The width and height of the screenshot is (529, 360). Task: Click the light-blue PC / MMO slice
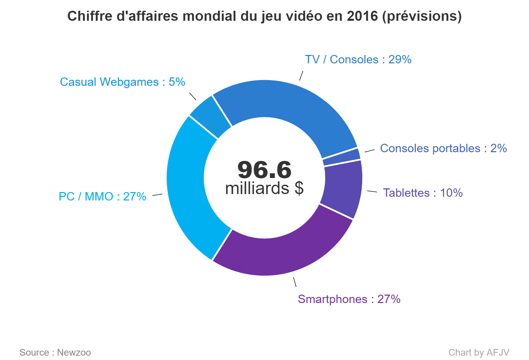coord(186,188)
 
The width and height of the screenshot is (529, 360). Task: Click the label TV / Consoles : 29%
coord(358,59)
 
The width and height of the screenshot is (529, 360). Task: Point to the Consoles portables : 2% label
coord(443,148)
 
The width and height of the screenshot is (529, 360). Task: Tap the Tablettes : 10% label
coord(423,193)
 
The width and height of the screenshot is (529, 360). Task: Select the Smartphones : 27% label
coord(349,299)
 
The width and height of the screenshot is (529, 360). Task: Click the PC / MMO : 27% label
coord(102,196)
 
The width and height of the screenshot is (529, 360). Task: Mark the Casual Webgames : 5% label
coord(122,82)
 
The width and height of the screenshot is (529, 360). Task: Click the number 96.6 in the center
coord(264,170)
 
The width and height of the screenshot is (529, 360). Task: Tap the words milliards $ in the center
coord(264,188)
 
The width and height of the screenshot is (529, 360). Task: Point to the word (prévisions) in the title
coord(422,16)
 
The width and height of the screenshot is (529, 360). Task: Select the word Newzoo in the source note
coord(74,352)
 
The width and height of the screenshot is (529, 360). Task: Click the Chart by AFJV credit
coord(479,352)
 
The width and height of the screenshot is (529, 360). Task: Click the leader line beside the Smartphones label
coord(295,282)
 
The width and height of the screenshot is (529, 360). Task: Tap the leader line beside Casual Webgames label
coord(193,96)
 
